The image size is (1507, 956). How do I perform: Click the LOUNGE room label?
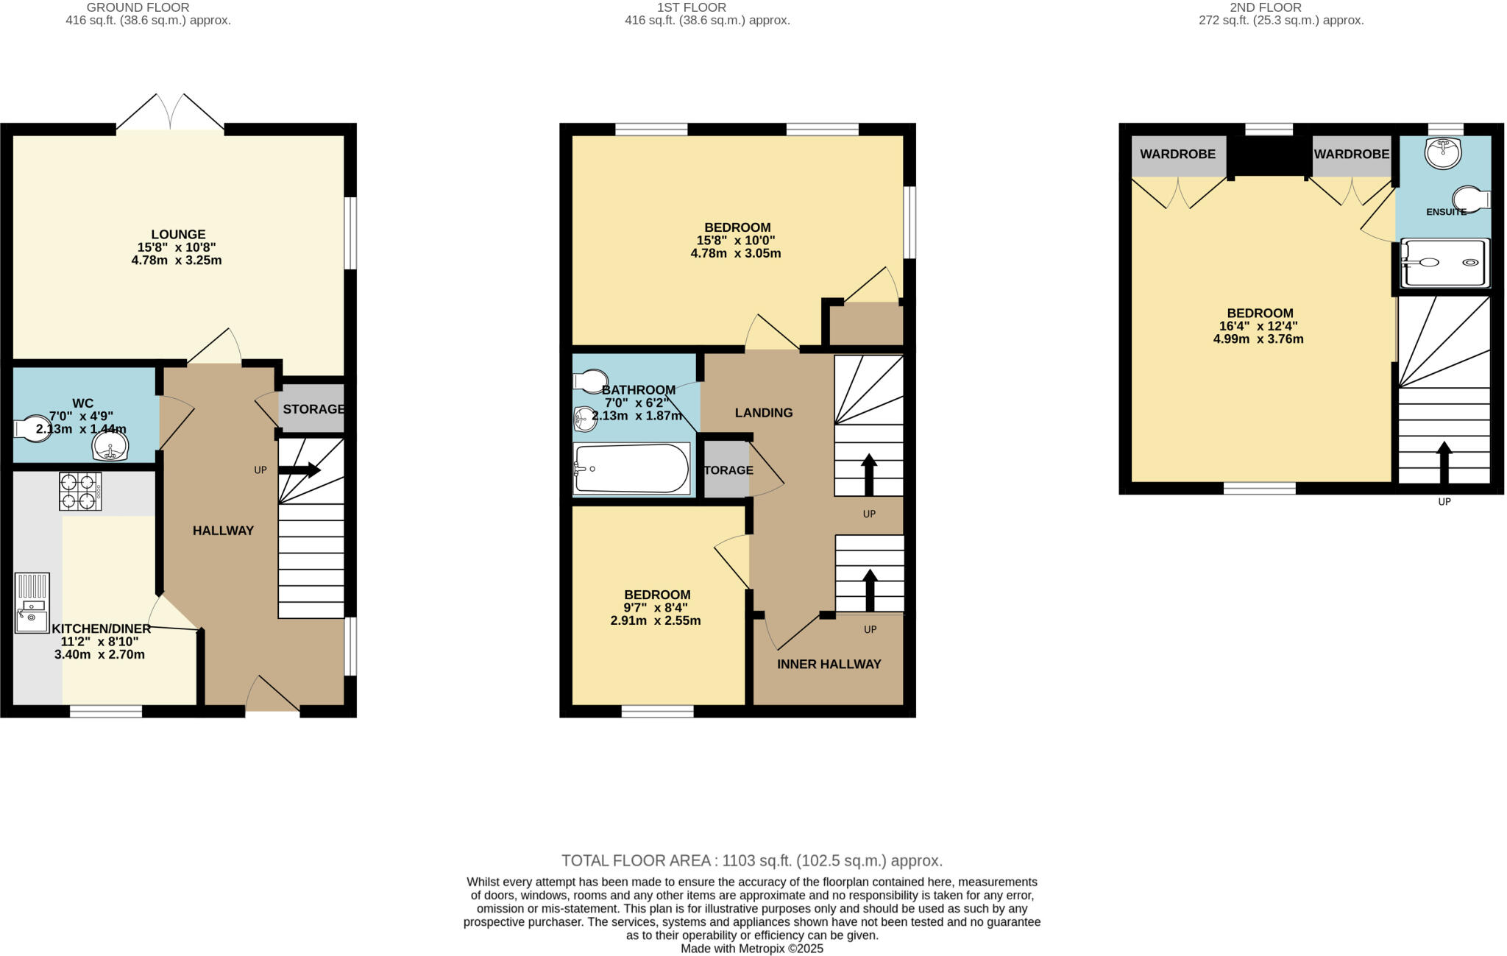[177, 235]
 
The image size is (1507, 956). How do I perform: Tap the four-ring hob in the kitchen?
[80, 492]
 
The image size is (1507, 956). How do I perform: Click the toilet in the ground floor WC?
[31, 429]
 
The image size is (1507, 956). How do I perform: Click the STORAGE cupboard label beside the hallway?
[313, 408]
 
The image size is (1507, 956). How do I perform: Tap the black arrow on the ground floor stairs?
[300, 470]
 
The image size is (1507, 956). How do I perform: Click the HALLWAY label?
[223, 531]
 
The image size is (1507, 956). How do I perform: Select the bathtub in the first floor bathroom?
[631, 469]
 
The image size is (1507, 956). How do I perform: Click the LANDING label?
[763, 413]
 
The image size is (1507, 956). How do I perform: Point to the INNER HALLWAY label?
[829, 664]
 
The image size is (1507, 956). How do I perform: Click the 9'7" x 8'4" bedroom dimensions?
[656, 608]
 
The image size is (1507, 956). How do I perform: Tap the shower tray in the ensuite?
[1444, 263]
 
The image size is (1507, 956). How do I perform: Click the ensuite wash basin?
[1442, 153]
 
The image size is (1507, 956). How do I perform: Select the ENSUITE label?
[1446, 212]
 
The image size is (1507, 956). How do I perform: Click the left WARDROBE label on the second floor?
[1177, 154]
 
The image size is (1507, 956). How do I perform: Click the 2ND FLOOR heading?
[1280, 7]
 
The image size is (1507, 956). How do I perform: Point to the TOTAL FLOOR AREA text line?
[751, 860]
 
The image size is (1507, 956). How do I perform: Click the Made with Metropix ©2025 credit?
[751, 949]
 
